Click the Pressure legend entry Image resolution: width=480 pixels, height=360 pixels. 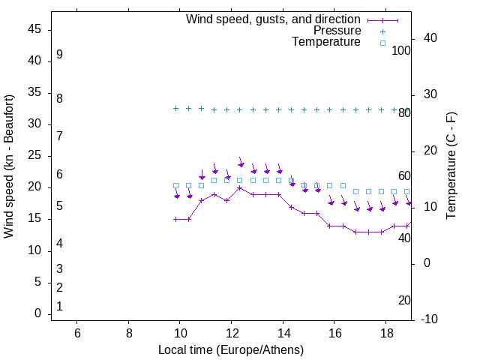[x=337, y=31]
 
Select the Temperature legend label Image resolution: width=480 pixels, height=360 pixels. [x=326, y=42]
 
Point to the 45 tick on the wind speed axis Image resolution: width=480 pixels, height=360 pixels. [x=34, y=29]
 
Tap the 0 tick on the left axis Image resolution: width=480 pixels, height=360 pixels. [x=38, y=313]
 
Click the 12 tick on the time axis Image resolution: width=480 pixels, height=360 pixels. [x=232, y=334]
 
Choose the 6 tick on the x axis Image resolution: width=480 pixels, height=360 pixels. [x=77, y=334]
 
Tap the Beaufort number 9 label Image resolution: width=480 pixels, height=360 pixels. [x=59, y=55]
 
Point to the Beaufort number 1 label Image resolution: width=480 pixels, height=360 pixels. [x=59, y=306]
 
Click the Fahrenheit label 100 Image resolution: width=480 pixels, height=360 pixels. [x=402, y=51]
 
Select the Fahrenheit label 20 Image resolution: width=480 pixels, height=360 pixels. [x=404, y=300]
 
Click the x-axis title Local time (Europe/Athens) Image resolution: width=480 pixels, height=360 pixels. [x=231, y=350]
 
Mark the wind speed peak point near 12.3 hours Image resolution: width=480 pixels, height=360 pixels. [x=240, y=187]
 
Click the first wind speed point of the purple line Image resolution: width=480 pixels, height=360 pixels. [x=176, y=219]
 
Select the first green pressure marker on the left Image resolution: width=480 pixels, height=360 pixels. [x=176, y=108]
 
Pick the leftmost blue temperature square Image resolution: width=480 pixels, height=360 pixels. [x=176, y=185]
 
